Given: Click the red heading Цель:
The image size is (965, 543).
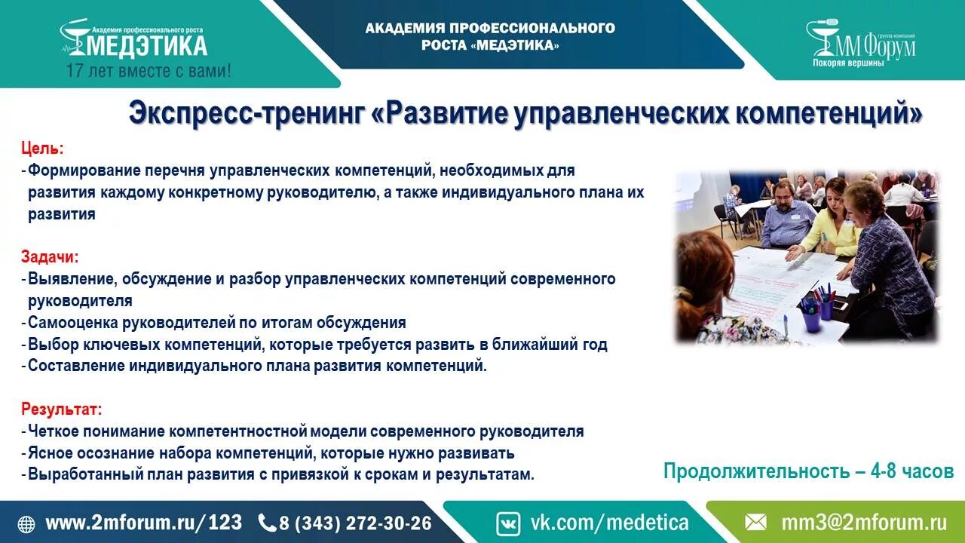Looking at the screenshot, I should click(x=43, y=148).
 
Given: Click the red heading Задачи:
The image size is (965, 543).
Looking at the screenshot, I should click(x=50, y=256).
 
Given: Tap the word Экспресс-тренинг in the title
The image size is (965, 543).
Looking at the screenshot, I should click(x=247, y=114).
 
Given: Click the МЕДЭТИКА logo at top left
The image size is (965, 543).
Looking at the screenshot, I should click(x=134, y=43).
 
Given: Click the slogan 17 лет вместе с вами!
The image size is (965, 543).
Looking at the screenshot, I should click(x=149, y=72).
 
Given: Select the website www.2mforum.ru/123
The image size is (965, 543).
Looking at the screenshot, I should click(x=144, y=523).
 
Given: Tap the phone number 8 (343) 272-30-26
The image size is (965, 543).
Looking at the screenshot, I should click(x=355, y=523).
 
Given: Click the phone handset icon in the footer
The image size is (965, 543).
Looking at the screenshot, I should click(x=267, y=523).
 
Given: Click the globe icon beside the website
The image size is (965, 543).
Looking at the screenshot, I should click(x=26, y=523).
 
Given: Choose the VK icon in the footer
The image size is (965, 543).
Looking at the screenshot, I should click(x=508, y=523).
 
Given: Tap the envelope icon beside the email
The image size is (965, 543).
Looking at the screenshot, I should click(x=756, y=523).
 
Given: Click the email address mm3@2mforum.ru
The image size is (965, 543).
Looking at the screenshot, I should click(x=863, y=523).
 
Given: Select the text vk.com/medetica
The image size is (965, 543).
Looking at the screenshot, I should click(x=609, y=523).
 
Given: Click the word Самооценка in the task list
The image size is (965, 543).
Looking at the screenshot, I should click(x=74, y=323).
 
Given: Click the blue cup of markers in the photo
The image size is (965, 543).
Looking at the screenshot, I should click(x=812, y=318).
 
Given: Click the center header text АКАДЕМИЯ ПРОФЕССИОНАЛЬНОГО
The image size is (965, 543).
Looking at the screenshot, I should click(x=490, y=28).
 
